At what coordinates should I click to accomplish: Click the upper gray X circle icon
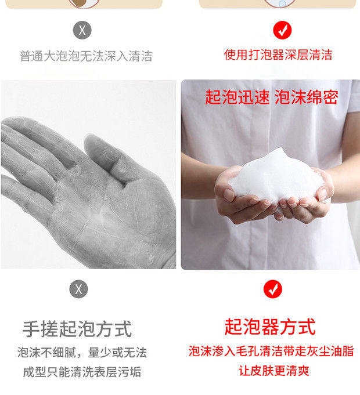point(82,30)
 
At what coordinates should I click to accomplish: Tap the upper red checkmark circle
point(282,30)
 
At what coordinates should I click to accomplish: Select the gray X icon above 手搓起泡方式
point(78,289)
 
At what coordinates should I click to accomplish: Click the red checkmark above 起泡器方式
point(273,289)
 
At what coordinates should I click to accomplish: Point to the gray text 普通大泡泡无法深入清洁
point(86,56)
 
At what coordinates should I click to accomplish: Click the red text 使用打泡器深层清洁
point(278,55)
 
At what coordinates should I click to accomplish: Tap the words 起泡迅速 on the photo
point(237,97)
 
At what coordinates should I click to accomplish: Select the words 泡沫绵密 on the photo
point(307,97)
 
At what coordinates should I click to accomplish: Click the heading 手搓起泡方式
point(77,329)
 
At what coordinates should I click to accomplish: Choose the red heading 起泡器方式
point(270,327)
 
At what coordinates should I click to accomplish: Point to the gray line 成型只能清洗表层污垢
point(82,372)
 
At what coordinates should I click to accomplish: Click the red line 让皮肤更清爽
point(274,371)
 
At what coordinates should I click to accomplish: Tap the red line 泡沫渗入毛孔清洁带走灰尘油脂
point(271,351)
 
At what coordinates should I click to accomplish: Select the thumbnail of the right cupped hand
point(323,194)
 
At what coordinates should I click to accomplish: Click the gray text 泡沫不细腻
point(46,352)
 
